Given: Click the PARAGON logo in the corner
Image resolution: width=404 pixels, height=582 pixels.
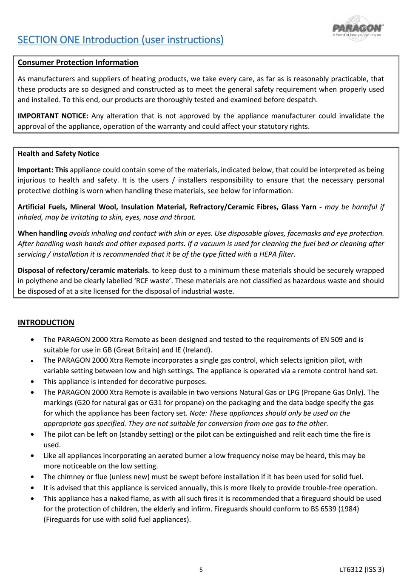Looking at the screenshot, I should coord(358,28).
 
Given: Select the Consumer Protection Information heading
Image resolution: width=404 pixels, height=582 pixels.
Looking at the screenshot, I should coord(78,62).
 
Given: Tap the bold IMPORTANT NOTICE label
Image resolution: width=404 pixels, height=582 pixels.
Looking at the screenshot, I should coord(53,116).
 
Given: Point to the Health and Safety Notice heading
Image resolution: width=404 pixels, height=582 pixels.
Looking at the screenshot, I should coord(58,154).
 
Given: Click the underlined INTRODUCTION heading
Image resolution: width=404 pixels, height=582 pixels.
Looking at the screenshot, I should coord(46,323).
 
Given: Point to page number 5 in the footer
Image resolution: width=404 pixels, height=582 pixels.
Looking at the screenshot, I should coord(201,570).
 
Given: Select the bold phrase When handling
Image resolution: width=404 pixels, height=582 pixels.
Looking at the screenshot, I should coord(43,233).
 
